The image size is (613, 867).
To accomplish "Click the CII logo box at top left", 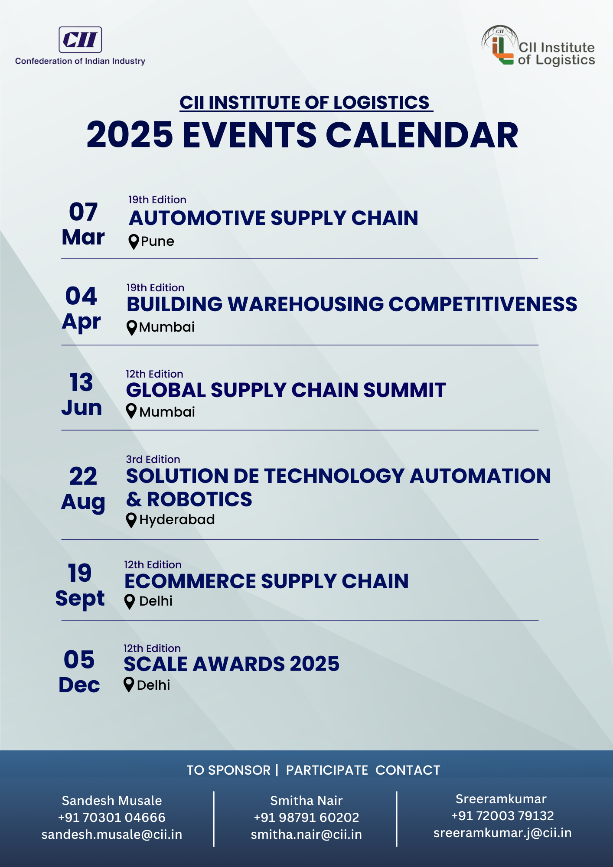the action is (x=80, y=39).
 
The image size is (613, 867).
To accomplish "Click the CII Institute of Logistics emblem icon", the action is (x=500, y=45).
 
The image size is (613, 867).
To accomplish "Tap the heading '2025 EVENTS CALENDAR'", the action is (x=302, y=135).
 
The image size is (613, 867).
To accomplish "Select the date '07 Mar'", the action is (x=83, y=224).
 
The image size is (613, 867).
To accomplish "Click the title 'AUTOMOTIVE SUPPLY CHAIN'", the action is (x=274, y=218).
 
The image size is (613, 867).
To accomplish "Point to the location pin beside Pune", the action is (x=134, y=242).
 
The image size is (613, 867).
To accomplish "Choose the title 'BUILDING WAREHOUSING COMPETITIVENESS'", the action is (x=352, y=304).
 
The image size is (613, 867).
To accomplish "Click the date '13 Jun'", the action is (x=82, y=394).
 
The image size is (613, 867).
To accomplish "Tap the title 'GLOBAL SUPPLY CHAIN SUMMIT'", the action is (x=286, y=390).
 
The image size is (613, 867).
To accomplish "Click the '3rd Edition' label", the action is (x=153, y=460).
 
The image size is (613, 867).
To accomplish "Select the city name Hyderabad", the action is (x=177, y=520).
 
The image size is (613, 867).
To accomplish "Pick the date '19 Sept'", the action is (x=80, y=585).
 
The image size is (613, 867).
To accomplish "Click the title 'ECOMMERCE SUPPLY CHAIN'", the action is (x=267, y=581).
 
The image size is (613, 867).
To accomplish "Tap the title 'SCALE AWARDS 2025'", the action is (x=232, y=664).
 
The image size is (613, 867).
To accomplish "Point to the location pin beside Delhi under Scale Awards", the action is (x=129, y=685).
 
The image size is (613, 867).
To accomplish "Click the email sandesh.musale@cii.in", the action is (x=112, y=834).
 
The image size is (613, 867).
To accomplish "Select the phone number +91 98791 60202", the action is (x=306, y=818).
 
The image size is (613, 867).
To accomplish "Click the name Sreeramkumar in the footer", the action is (x=501, y=799).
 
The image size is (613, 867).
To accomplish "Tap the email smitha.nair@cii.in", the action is (x=306, y=834).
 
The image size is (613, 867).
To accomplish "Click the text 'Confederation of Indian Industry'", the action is (x=80, y=61).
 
